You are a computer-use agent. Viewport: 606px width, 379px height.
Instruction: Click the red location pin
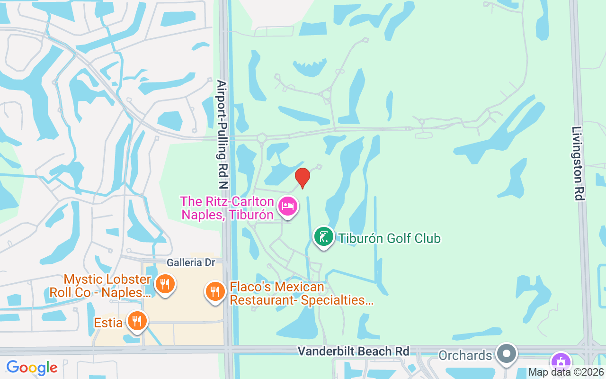tap(302, 178)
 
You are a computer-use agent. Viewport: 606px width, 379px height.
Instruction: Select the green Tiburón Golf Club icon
tap(324, 237)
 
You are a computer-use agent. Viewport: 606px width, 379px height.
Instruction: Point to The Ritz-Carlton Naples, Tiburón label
tap(227, 208)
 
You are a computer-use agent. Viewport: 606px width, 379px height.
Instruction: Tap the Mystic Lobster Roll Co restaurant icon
tap(165, 284)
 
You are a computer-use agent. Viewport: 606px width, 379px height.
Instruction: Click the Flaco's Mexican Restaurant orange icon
tap(215, 291)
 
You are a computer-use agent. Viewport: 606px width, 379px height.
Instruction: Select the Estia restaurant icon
tap(137, 321)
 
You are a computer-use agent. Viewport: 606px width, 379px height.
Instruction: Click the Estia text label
tap(108, 323)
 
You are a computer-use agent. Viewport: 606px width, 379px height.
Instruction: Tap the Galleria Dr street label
tap(191, 262)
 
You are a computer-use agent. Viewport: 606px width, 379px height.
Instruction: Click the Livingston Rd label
tap(578, 163)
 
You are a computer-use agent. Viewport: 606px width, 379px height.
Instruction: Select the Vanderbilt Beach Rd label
tap(353, 351)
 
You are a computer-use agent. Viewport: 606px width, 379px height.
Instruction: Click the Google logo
tap(32, 368)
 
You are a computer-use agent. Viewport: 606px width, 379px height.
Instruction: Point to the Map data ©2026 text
tap(566, 372)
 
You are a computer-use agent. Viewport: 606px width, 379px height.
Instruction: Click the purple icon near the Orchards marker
tap(561, 361)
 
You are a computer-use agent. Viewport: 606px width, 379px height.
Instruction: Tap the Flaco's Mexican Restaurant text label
tap(302, 293)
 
